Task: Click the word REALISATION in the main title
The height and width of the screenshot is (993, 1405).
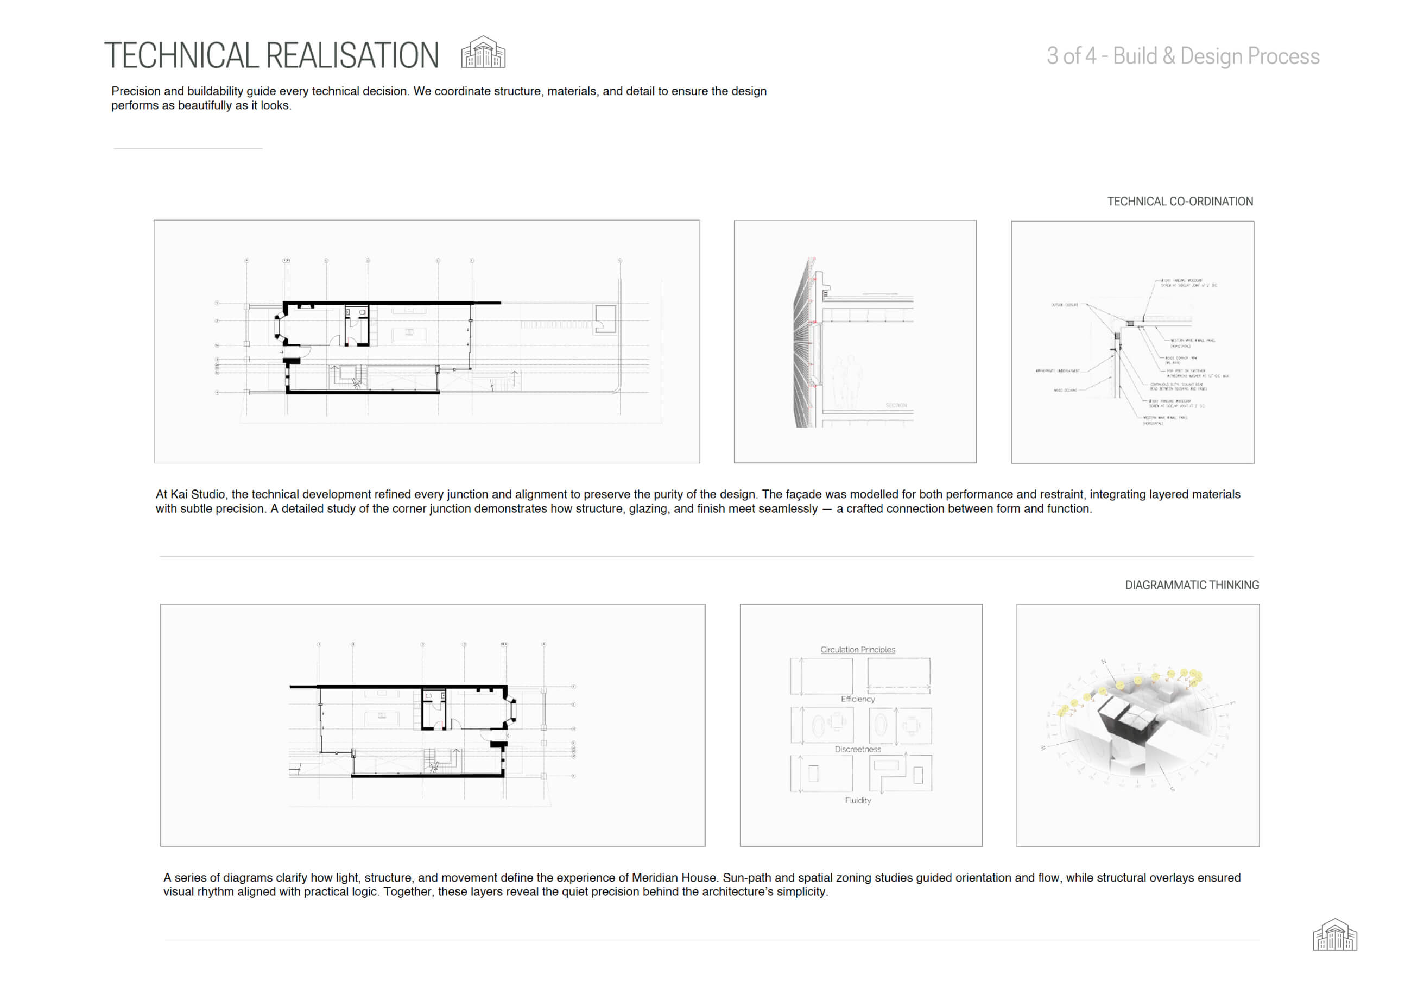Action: [x=352, y=56]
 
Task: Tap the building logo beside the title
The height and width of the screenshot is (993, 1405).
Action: [x=483, y=52]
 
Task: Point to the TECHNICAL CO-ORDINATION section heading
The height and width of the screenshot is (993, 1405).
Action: [x=1180, y=202]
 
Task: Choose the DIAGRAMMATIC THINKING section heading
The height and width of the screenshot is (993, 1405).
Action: [x=1192, y=585]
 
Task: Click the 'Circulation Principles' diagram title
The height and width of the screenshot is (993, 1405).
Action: [x=857, y=650]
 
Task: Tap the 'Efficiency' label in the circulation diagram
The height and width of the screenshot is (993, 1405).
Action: [x=857, y=699]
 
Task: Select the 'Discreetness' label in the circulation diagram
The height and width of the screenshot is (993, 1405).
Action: [x=857, y=749]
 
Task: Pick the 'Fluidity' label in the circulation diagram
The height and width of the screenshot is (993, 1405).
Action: [x=857, y=800]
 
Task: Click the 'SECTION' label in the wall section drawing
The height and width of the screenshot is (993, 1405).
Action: [x=896, y=406]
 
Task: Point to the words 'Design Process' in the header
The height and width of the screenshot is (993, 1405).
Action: [x=1250, y=56]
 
